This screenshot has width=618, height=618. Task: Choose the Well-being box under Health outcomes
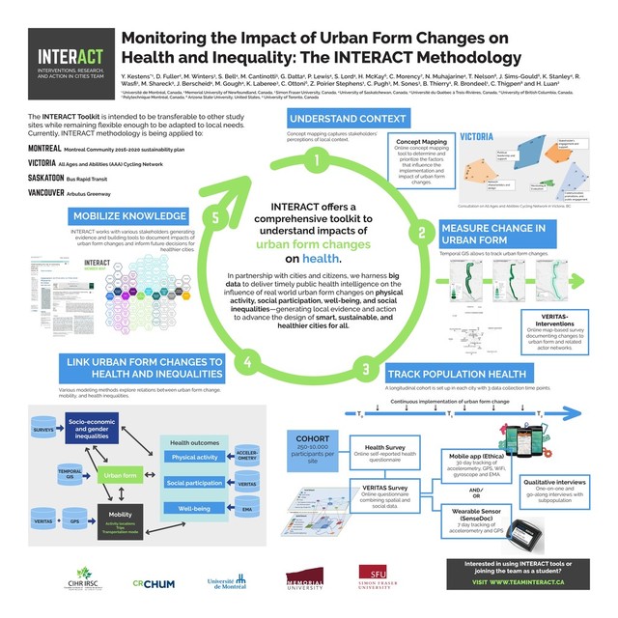(193, 507)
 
